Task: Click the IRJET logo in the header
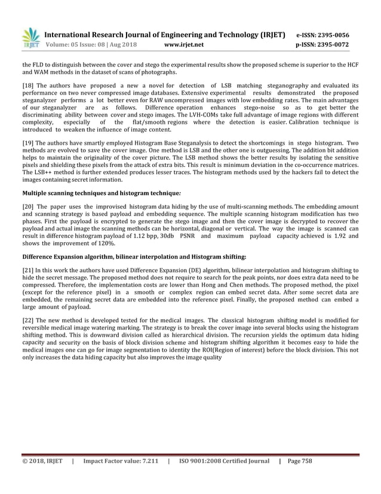click(30, 37)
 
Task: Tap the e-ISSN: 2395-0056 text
click(322, 35)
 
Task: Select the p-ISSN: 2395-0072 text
click(322, 44)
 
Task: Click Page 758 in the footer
click(300, 461)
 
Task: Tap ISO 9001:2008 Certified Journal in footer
click(224, 461)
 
